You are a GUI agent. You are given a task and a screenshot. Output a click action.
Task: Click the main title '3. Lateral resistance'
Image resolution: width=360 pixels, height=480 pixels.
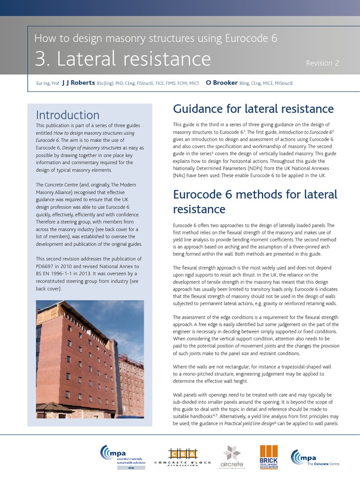click(122, 59)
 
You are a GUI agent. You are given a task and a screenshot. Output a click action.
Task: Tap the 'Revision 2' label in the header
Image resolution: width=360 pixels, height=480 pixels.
click(322, 63)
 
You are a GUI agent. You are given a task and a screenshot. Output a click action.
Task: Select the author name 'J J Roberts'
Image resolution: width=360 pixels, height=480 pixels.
click(78, 83)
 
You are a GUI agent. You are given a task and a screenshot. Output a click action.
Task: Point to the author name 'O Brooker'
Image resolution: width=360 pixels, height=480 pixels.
click(221, 83)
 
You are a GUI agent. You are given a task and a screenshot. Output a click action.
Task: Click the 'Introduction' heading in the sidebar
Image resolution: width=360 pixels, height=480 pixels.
click(67, 115)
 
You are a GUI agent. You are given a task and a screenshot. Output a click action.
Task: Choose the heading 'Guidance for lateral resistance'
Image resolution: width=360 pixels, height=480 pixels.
click(253, 109)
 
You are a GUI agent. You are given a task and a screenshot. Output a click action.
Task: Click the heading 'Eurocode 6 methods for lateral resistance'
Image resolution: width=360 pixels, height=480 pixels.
click(255, 201)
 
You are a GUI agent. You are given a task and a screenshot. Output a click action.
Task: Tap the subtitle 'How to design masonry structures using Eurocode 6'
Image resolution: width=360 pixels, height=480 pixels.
click(156, 38)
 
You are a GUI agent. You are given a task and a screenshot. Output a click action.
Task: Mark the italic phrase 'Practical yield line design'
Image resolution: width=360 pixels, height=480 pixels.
click(247, 423)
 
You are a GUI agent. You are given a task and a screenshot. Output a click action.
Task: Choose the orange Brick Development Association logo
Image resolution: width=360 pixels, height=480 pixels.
click(269, 457)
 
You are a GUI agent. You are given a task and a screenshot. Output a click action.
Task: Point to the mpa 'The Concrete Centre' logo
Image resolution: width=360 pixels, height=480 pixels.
click(315, 457)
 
